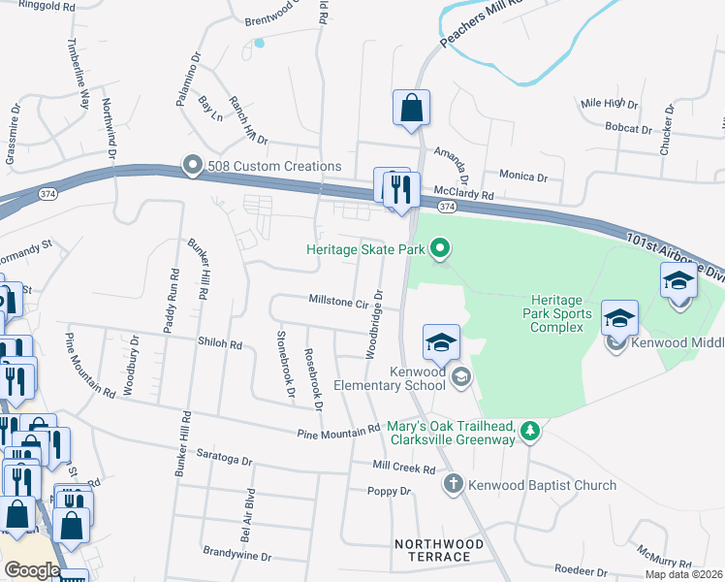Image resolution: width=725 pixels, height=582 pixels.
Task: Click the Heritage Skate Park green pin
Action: [x=441, y=249]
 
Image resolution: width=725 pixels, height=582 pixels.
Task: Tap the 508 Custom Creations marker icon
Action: [x=192, y=166]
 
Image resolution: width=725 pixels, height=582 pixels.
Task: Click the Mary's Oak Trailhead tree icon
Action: [x=529, y=431]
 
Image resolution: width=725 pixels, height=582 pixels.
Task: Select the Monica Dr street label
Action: [x=523, y=176]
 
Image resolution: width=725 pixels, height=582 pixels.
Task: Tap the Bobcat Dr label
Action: [x=628, y=128]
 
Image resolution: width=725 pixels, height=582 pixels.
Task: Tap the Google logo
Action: [x=32, y=570]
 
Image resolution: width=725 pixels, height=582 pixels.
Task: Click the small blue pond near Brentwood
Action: [x=259, y=43]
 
